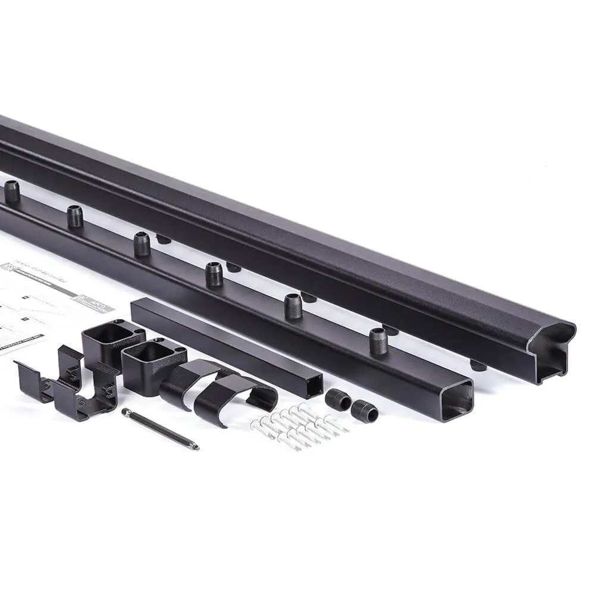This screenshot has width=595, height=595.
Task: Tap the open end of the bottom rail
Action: click(456, 399)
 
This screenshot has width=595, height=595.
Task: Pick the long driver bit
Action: click(161, 429)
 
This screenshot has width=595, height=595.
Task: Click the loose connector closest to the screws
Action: click(337, 400)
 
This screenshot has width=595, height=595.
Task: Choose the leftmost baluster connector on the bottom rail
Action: click(11, 191)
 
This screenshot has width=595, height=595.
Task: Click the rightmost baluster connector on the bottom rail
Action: click(378, 341)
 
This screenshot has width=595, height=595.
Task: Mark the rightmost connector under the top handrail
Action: click(477, 365)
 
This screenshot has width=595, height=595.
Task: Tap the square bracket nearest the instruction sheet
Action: click(107, 342)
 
